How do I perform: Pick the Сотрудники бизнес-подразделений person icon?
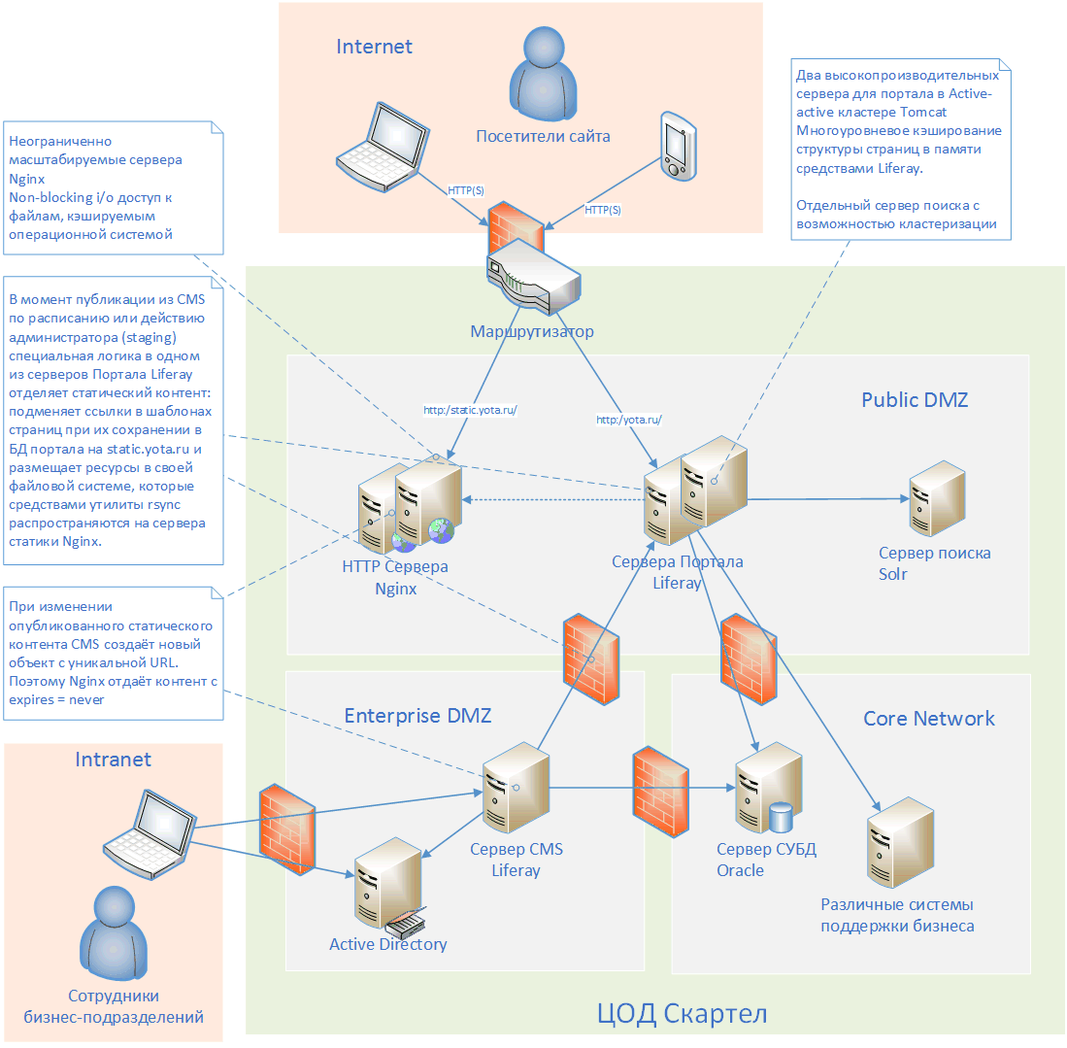(113, 937)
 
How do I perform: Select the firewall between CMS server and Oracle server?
(660, 793)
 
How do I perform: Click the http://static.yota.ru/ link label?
(471, 410)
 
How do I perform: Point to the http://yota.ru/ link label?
(628, 420)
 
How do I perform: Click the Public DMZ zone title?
(915, 400)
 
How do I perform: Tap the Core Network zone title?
(929, 719)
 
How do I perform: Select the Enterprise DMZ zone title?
(417, 716)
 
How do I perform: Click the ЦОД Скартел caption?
(682, 1015)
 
